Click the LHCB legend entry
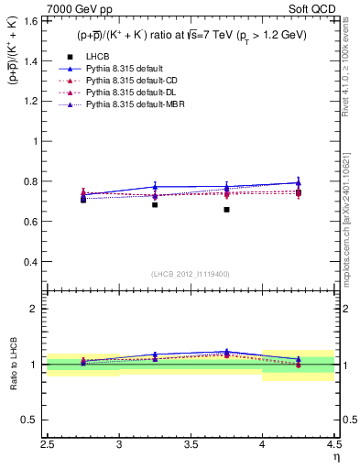click(x=100, y=57)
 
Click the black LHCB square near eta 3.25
click(x=155, y=204)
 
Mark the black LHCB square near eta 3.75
click(x=226, y=210)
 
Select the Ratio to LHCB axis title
click(x=12, y=365)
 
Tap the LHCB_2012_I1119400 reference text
click(x=190, y=274)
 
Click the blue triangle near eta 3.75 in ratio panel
click(x=226, y=351)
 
